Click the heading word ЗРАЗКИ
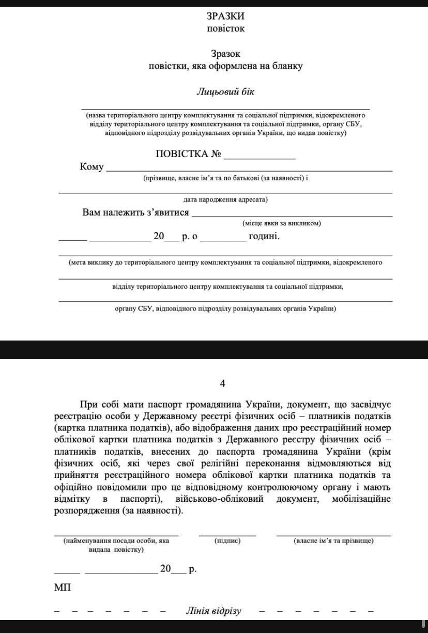click(225, 16)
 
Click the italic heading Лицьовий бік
click(225, 92)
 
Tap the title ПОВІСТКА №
click(189, 154)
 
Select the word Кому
click(91, 167)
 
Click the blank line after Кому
click(249, 171)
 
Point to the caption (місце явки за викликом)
click(282, 224)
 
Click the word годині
click(264, 236)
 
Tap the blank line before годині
click(223, 241)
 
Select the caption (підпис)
click(227, 541)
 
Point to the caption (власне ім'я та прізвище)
click(333, 541)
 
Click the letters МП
click(62, 588)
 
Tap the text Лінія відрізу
click(213, 611)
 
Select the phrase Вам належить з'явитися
click(135, 212)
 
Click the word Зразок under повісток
click(225, 53)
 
